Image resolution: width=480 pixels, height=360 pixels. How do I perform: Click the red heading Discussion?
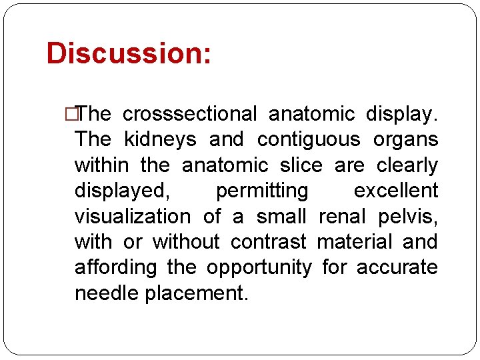point(129,53)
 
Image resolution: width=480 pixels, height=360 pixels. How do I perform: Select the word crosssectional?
point(189,115)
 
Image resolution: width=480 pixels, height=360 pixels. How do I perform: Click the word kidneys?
point(160,140)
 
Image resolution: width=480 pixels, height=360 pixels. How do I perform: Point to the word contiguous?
point(308,140)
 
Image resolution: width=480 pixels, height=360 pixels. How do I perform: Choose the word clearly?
point(407,165)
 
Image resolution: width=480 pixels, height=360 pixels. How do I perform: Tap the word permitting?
point(262,191)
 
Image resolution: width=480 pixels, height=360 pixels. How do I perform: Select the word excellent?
point(396,191)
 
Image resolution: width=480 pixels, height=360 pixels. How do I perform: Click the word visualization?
point(132,217)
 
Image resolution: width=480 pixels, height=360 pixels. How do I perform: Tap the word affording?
point(115,268)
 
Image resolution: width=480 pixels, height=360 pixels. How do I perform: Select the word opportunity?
point(259,268)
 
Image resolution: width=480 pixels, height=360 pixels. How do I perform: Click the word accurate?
point(397,268)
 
